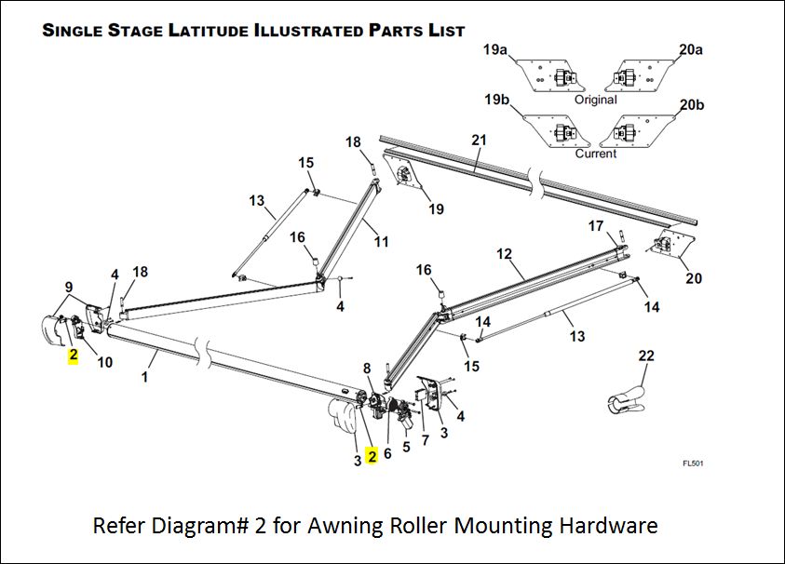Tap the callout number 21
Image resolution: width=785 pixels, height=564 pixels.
[479, 141]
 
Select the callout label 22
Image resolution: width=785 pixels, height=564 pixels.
[646, 356]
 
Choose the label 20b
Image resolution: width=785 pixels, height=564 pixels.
[692, 104]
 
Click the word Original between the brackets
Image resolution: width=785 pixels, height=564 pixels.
[595, 100]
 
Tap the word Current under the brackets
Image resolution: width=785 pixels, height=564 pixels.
[595, 154]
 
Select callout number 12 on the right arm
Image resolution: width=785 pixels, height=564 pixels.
[505, 253]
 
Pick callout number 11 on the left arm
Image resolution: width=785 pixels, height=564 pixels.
[382, 242]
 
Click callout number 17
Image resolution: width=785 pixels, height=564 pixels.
[596, 226]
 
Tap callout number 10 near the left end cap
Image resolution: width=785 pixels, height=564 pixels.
[104, 362]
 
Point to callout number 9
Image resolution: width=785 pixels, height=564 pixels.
[68, 287]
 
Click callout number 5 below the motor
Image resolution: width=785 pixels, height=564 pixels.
[405, 447]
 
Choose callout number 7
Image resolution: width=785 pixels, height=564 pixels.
[426, 439]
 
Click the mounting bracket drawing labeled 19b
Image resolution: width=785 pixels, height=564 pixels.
[556, 129]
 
